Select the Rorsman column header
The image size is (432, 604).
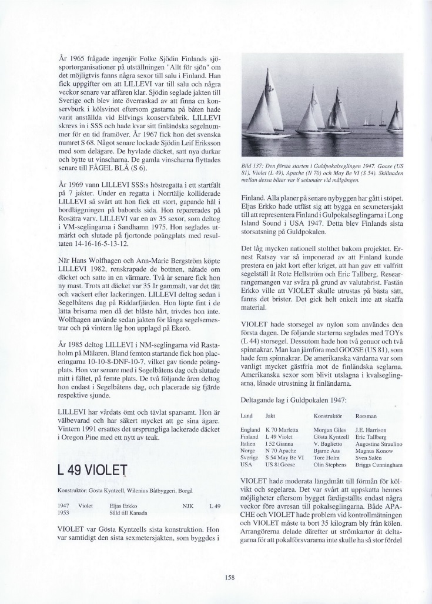coord(367,416)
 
